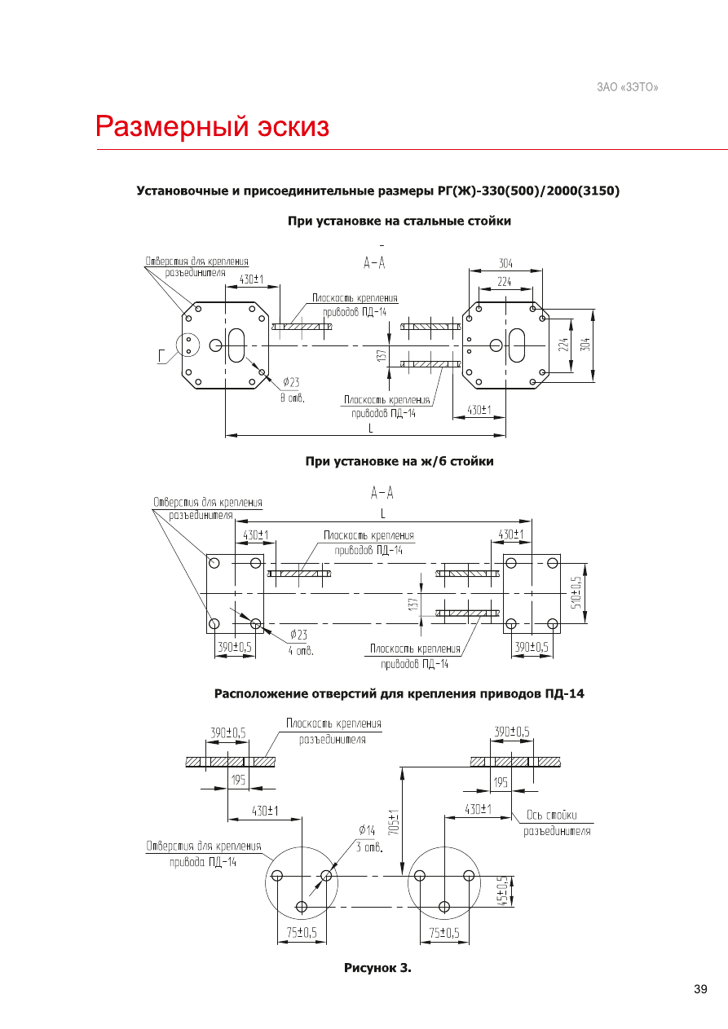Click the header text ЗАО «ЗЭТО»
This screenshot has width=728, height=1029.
(628, 87)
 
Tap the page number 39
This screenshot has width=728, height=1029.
(700, 989)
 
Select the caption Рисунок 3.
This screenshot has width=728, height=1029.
(377, 967)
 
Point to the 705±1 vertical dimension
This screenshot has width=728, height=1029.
(394, 822)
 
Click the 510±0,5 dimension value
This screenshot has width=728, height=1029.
(576, 592)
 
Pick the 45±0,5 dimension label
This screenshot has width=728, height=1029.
(502, 891)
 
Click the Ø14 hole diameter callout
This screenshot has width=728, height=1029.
(367, 829)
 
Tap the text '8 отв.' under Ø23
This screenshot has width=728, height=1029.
(293, 398)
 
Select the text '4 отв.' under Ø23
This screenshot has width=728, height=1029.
(301, 650)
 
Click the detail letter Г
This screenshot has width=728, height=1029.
(161, 355)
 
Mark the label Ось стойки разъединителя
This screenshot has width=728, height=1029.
(557, 823)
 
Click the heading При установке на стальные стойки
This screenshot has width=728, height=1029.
(399, 221)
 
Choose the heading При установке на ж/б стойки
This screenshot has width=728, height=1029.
(399, 461)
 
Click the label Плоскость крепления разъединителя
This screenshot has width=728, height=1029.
(333, 732)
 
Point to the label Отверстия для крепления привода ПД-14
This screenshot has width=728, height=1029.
(204, 854)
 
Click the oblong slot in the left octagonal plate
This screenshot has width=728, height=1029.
(236, 345)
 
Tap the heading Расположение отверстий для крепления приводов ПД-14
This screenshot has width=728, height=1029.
(399, 693)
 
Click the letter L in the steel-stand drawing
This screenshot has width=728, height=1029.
(371, 428)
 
